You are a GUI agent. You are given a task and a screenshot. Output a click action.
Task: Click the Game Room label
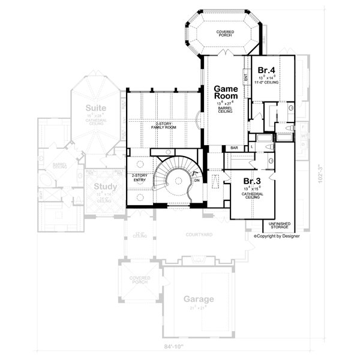(x=226, y=92)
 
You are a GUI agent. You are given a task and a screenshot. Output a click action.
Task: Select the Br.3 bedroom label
(x=251, y=181)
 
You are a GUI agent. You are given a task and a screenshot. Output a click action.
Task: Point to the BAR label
(x=234, y=148)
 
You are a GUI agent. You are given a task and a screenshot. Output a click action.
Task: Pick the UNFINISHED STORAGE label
(x=279, y=226)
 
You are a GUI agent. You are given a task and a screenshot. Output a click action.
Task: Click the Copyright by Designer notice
(x=277, y=236)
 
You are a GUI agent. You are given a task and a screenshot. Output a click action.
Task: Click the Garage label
(x=199, y=299)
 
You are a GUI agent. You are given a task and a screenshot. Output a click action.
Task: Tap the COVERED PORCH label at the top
(x=226, y=34)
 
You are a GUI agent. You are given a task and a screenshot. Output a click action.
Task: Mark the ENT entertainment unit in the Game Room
(x=246, y=76)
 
